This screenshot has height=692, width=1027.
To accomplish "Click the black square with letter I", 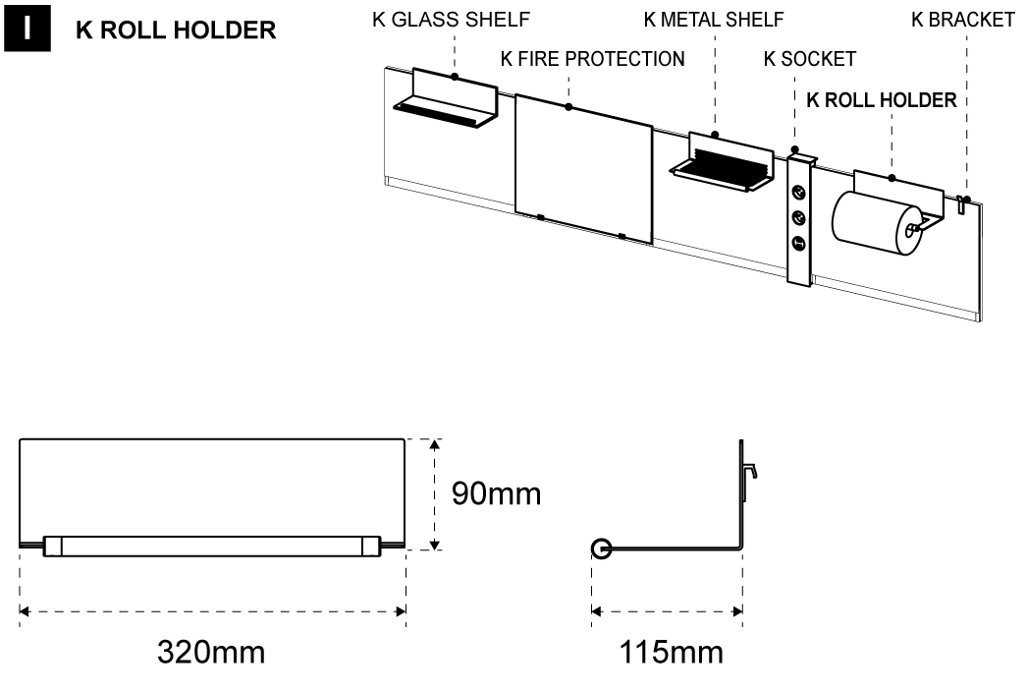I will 27,28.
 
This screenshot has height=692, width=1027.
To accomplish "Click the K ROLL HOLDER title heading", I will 176,29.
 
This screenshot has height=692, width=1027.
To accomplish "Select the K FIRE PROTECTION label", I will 592,59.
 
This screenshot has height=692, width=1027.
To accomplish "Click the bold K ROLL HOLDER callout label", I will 881,100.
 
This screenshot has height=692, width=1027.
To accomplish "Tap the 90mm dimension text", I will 496,493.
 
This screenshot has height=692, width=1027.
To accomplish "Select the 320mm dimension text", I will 212,651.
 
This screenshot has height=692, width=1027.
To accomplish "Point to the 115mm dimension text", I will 672,651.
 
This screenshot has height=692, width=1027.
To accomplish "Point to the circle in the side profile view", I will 601,548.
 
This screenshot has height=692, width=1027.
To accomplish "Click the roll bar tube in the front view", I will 212,547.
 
